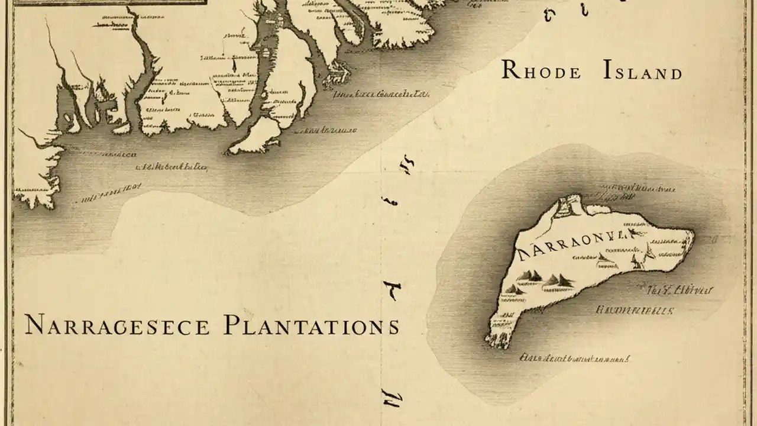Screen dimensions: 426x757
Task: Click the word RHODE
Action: (x=542, y=70)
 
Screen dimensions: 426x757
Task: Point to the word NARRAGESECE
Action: (x=117, y=326)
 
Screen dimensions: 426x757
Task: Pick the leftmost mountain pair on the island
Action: (x=530, y=276)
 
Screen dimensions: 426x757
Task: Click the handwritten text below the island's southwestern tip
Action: (x=573, y=357)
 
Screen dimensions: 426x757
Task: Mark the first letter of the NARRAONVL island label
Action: (x=522, y=253)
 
